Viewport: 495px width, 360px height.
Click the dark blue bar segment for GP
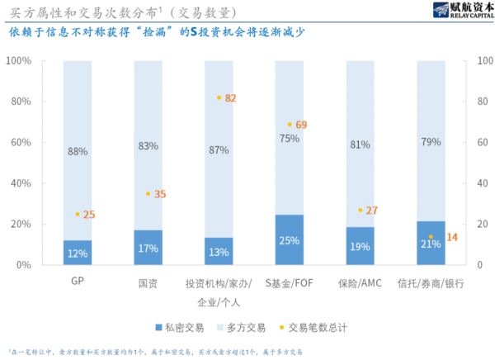pyautogui.click(x=78, y=253)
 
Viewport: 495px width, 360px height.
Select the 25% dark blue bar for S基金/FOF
pyautogui.click(x=290, y=240)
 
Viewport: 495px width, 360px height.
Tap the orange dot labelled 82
pyautogui.click(x=219, y=97)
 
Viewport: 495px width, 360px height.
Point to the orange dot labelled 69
pyautogui.click(x=290, y=125)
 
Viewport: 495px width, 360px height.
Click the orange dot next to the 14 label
pyautogui.click(x=431, y=237)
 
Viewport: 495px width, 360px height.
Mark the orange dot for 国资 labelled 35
pyautogui.click(x=148, y=194)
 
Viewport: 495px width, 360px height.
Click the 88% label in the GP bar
pyautogui.click(x=78, y=151)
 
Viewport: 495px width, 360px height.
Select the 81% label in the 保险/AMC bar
pyautogui.click(x=360, y=144)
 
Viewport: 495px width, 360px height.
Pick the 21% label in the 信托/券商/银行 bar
pyautogui.click(x=431, y=244)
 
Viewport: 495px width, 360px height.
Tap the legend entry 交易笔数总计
pyautogui.click(x=313, y=327)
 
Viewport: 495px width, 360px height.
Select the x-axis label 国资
pyautogui.click(x=148, y=282)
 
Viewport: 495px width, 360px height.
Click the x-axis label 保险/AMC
pyautogui.click(x=360, y=282)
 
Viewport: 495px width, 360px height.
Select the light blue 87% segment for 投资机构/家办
pyautogui.click(x=219, y=150)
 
